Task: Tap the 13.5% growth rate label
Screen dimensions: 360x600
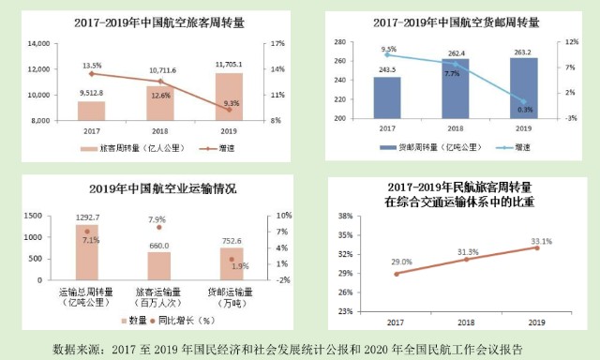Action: click(x=93, y=66)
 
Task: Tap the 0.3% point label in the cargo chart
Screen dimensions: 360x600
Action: click(x=525, y=110)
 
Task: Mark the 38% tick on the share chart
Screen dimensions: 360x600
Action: click(x=345, y=215)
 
